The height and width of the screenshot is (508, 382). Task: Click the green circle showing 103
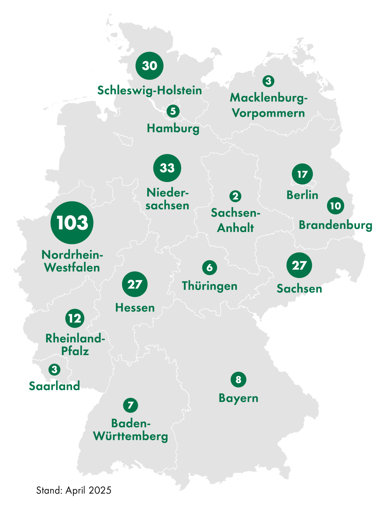[x=72, y=223]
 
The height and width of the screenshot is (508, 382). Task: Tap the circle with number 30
[x=149, y=66]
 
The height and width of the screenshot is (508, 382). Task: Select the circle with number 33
[x=167, y=168]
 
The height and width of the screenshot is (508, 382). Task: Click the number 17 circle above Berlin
[x=302, y=174]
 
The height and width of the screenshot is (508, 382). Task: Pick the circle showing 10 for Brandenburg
[x=336, y=206]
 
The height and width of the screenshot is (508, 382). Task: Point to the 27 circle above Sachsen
[x=299, y=265]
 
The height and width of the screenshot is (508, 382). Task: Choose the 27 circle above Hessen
[x=135, y=284]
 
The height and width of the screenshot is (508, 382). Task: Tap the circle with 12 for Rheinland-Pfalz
[x=75, y=318]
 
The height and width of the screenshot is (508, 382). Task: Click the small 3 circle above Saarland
[x=54, y=370]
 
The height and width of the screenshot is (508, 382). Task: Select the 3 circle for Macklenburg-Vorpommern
[x=268, y=81]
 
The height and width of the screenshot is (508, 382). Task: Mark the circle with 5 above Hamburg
[x=173, y=111]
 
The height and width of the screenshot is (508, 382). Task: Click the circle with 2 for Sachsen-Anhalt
[x=235, y=196]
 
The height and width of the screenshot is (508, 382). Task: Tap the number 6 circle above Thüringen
[x=209, y=267]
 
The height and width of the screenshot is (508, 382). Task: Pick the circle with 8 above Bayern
[x=238, y=379]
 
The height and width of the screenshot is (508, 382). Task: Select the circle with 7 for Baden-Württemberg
[x=131, y=405]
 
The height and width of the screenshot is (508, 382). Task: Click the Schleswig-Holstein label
[x=149, y=91]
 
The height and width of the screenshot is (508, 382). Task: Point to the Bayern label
[x=238, y=398]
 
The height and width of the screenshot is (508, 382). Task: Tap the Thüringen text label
[x=209, y=286]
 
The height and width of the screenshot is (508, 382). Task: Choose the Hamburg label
[x=173, y=129]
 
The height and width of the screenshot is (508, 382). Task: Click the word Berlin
[x=302, y=195]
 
